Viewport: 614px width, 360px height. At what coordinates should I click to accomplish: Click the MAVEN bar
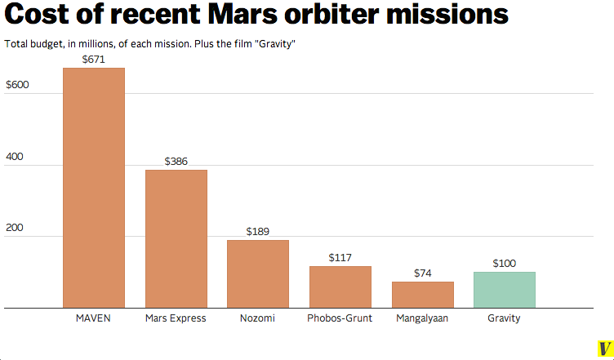click(94, 188)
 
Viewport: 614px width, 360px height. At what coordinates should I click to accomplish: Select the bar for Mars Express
click(176, 238)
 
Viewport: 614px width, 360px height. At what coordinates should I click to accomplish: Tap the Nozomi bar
click(257, 273)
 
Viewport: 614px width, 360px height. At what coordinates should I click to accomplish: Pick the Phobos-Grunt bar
click(340, 287)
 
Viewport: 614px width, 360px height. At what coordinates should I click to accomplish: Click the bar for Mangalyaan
click(422, 295)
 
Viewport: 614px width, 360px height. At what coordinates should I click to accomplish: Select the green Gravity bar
click(504, 290)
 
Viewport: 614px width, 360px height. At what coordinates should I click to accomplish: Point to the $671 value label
click(94, 60)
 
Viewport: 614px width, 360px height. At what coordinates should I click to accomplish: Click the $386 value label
click(176, 162)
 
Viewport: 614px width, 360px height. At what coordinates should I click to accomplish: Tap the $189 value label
click(258, 232)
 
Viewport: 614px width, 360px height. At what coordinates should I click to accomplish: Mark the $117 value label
click(340, 258)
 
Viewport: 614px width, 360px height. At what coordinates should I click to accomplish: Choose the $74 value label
click(422, 273)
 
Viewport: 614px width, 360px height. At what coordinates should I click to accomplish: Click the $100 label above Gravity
click(505, 264)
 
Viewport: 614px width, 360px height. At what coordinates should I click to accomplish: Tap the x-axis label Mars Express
click(176, 318)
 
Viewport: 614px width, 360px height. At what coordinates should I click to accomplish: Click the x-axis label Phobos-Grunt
click(340, 318)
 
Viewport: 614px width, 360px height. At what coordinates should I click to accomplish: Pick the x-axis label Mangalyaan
click(422, 318)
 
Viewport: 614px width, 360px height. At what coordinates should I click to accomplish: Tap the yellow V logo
click(605, 349)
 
